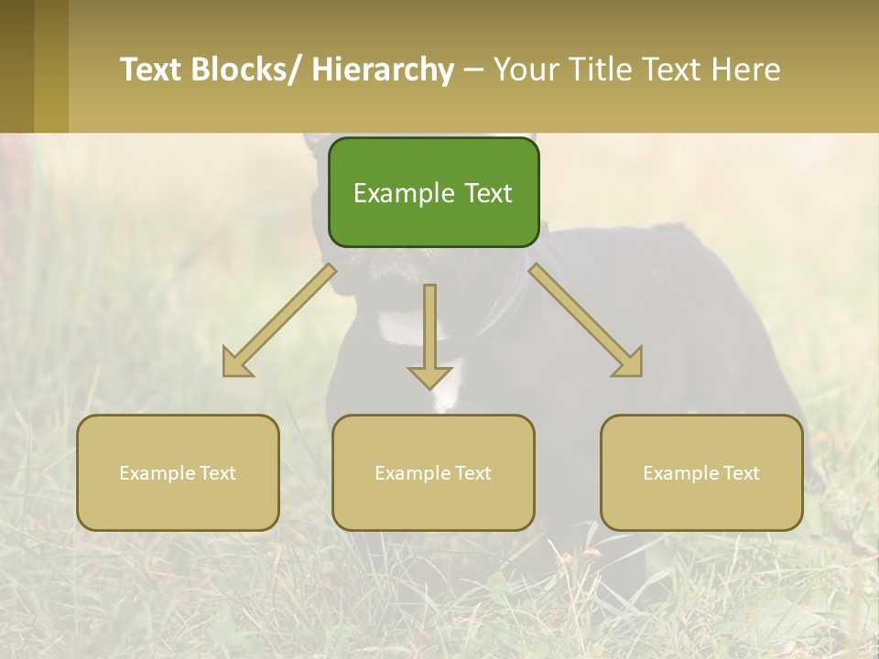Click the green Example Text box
pyautogui.click(x=433, y=192)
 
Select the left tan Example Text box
pyautogui.click(x=178, y=472)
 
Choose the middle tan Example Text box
pyautogui.click(x=433, y=472)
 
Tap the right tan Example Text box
pyautogui.click(x=701, y=472)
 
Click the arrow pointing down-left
pyautogui.click(x=279, y=320)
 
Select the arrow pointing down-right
pyautogui.click(x=586, y=320)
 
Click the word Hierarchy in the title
pyautogui.click(x=383, y=70)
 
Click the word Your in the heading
pyautogui.click(x=526, y=70)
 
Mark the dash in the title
pyautogui.click(x=473, y=70)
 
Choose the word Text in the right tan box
pyautogui.click(x=740, y=473)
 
